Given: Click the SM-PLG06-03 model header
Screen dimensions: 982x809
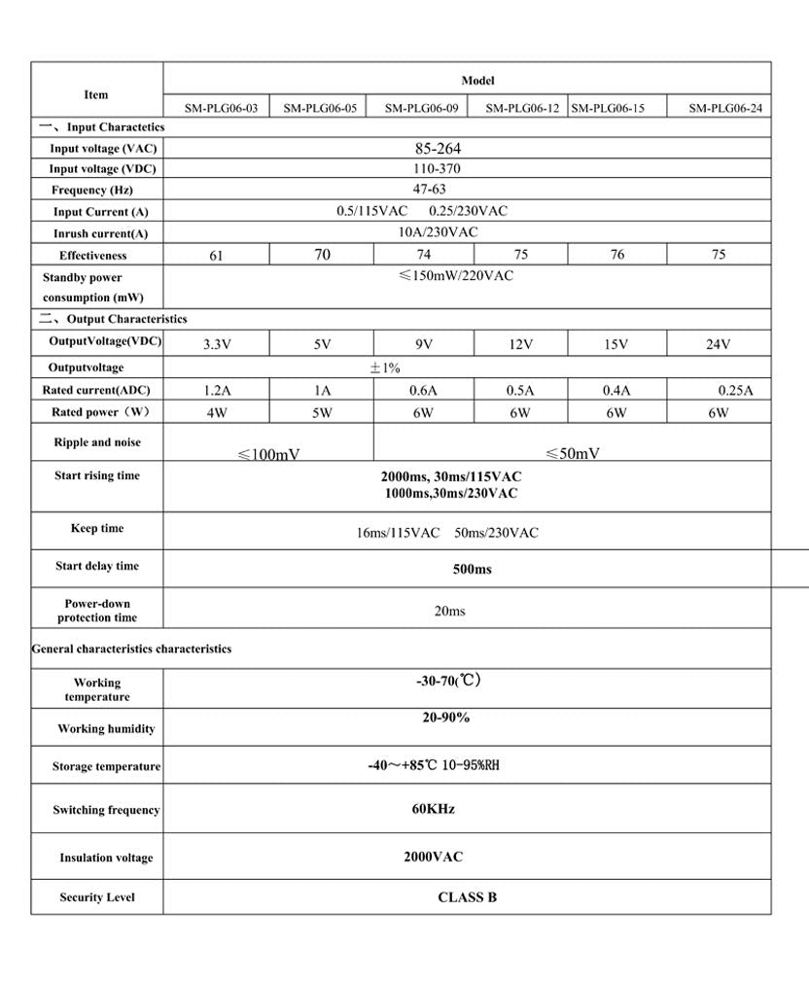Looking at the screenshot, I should pyautogui.click(x=221, y=109).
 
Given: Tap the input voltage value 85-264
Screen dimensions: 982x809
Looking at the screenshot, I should pyautogui.click(x=438, y=149).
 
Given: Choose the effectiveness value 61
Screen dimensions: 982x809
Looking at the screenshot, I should pyautogui.click(x=216, y=256).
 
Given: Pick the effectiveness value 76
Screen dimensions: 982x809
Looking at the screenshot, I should pyautogui.click(x=616, y=255).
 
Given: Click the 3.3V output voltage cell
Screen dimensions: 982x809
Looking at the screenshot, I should pyautogui.click(x=216, y=344).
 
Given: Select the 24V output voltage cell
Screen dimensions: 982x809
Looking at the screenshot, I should pyautogui.click(x=718, y=344).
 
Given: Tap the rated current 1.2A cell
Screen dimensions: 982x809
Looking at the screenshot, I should pyautogui.click(x=217, y=391).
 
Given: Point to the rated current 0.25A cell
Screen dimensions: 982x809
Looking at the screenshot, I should pyautogui.click(x=735, y=391).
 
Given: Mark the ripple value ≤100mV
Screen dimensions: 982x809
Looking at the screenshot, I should pyautogui.click(x=269, y=454).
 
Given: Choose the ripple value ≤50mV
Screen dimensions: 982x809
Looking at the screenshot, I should pyautogui.click(x=573, y=453).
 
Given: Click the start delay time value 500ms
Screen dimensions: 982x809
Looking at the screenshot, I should pyautogui.click(x=472, y=569).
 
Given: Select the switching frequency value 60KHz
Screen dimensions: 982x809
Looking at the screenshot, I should pyautogui.click(x=433, y=809).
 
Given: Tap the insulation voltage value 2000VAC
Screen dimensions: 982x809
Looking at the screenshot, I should pyautogui.click(x=433, y=857).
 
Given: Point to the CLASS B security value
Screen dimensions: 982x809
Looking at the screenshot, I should pyautogui.click(x=467, y=897).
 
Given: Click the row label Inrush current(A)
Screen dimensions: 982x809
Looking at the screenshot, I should pyautogui.click(x=101, y=233).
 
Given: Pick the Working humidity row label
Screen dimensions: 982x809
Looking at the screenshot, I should pyautogui.click(x=106, y=728).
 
